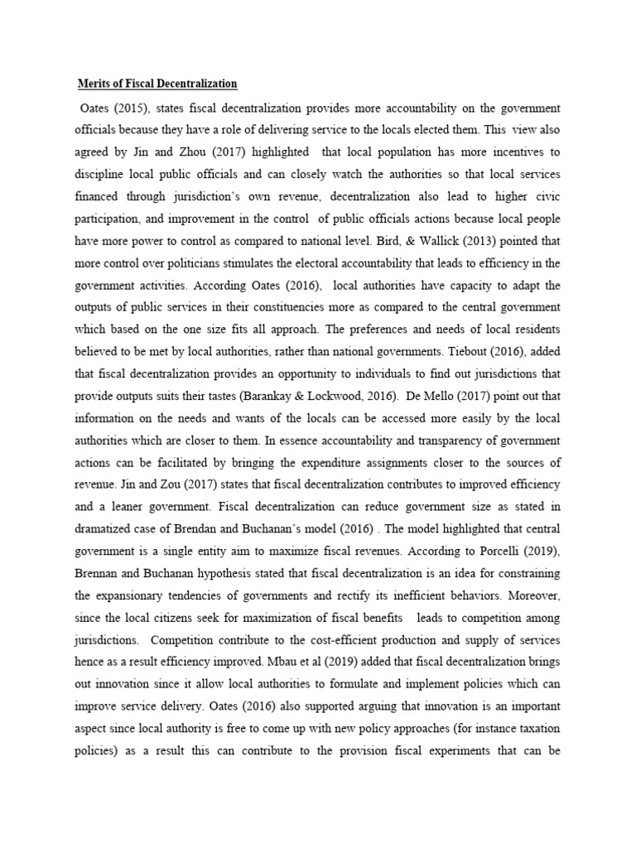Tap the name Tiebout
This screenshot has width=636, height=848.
446,372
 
